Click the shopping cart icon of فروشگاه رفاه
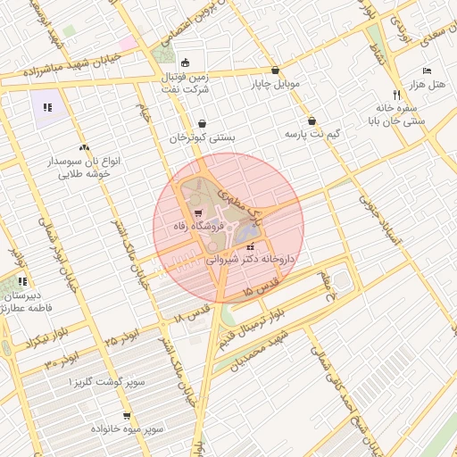point(197,213)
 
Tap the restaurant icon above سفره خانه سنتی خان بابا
point(396,94)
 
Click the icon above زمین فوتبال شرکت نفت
point(185,62)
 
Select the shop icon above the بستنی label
point(203,123)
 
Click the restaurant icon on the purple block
point(46,107)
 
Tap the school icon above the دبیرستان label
point(21,281)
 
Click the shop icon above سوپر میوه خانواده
point(127,415)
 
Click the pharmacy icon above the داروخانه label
point(251,245)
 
